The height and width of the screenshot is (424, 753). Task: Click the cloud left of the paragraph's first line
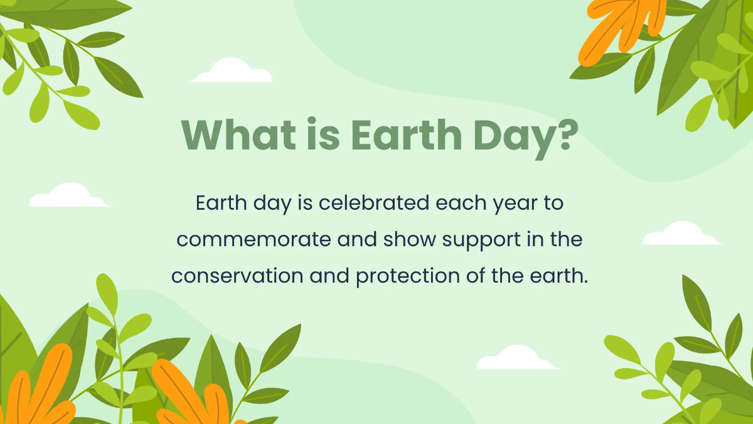click(68, 197)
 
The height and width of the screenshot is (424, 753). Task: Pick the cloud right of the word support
click(681, 234)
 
